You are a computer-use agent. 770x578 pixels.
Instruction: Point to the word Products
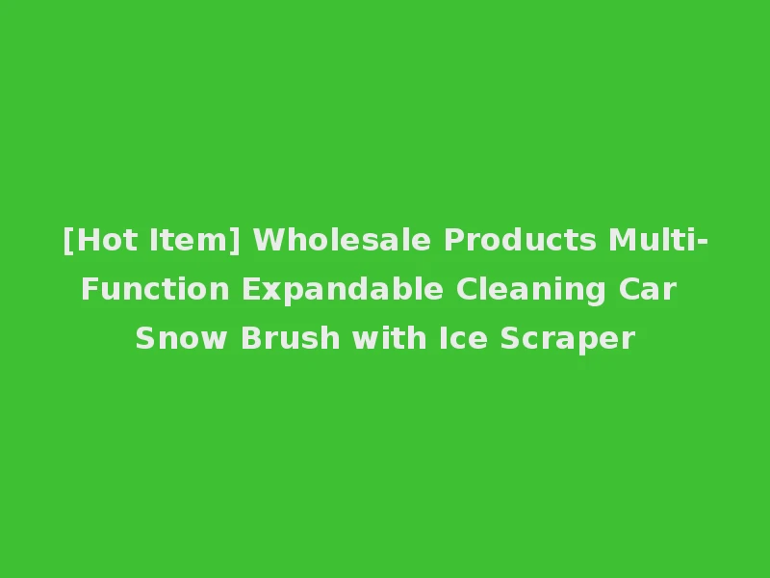tap(520, 240)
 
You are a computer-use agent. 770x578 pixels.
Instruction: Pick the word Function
tap(155, 289)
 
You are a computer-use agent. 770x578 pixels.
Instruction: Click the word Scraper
tap(567, 339)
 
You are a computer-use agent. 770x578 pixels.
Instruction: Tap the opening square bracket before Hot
tap(67, 241)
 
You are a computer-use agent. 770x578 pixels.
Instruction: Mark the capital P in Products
tap(452, 240)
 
